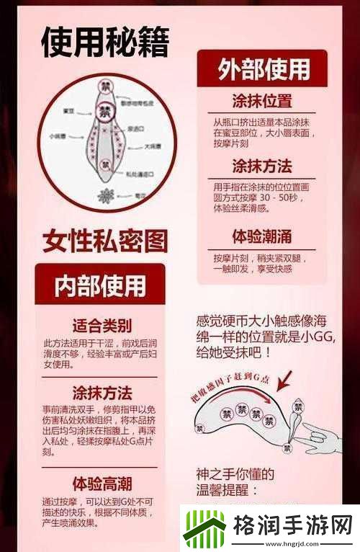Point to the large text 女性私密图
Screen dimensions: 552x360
click(104, 239)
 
